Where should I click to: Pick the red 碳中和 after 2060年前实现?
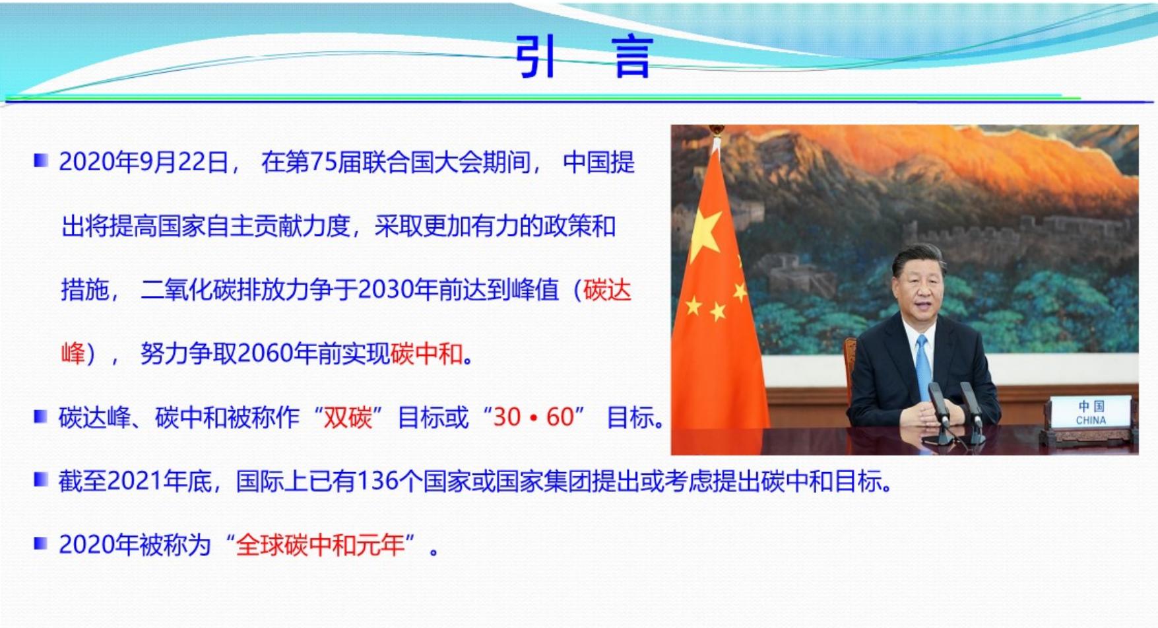pos(426,354)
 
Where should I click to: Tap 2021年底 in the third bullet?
pos(159,481)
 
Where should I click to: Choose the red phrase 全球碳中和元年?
pos(321,545)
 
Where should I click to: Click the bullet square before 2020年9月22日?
pos(41,160)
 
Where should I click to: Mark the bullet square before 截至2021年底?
pos(41,479)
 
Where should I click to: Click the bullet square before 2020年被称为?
pos(41,543)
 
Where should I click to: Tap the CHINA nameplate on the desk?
pos(1091,413)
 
